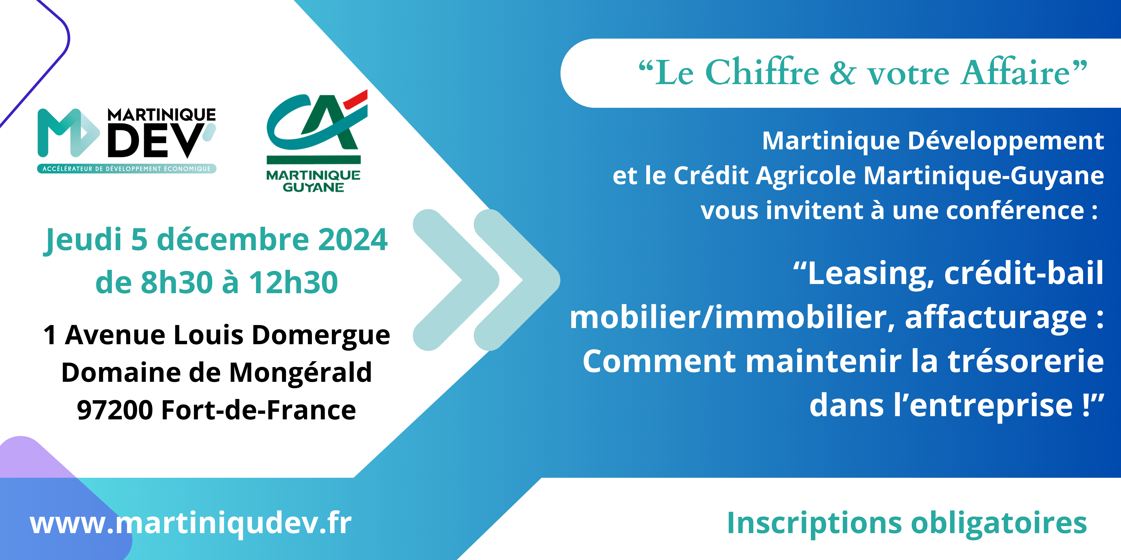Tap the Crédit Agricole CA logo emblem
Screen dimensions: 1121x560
(x=317, y=126)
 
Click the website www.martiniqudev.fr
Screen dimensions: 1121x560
(x=191, y=523)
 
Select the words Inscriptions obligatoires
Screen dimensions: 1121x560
(x=907, y=523)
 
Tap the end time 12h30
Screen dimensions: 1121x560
(x=293, y=282)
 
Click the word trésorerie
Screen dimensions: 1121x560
(x=1026, y=362)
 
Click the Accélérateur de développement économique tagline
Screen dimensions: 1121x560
(x=127, y=169)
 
